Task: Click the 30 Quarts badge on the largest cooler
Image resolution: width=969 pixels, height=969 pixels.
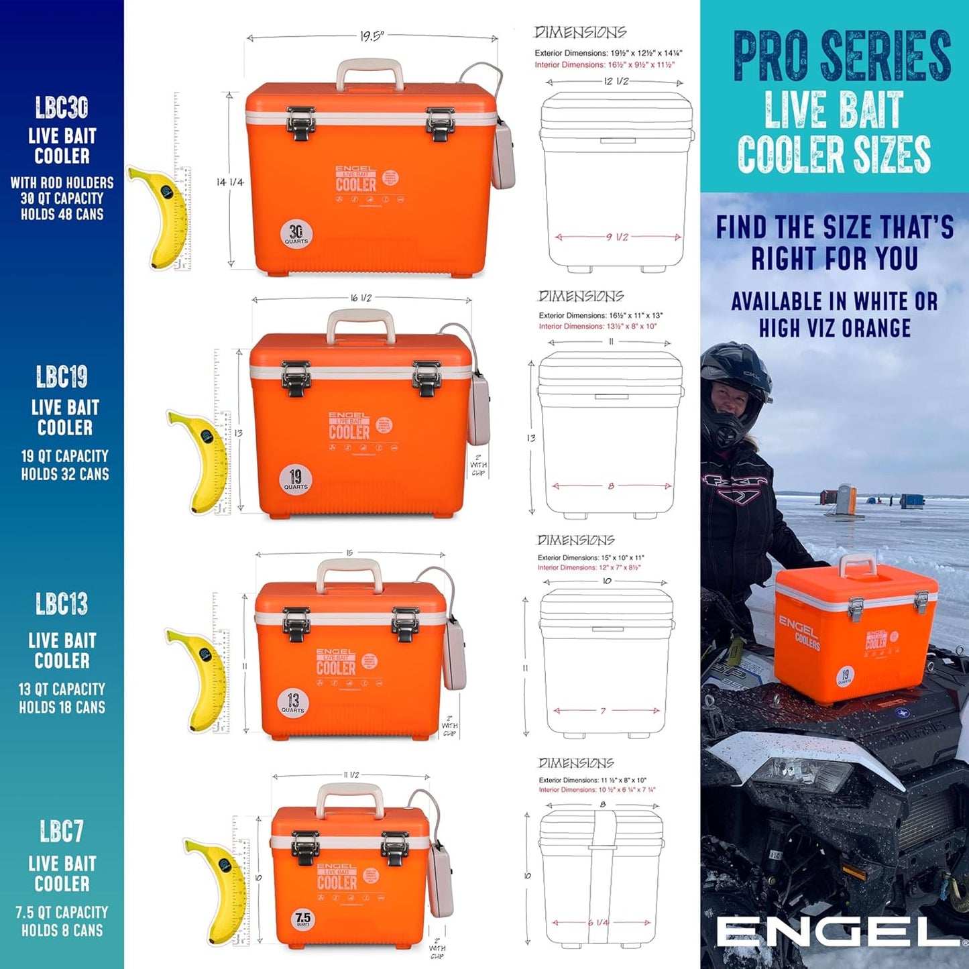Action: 296,234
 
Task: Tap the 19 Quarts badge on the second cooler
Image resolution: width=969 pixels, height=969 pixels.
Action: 295,479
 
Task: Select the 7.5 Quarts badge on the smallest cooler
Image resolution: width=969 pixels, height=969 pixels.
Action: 303,919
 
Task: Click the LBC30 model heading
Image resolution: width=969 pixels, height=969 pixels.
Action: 62,108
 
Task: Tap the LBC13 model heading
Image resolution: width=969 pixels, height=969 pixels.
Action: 62,604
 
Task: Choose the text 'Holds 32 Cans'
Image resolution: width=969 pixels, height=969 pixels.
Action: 64,474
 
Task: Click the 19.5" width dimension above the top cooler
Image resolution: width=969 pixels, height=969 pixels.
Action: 372,36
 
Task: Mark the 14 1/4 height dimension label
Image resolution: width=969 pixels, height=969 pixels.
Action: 230,182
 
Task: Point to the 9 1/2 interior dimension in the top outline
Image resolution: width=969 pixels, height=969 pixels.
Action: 617,237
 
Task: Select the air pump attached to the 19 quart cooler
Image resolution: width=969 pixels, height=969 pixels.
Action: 479,409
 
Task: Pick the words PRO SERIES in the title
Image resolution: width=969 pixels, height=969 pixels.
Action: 842,56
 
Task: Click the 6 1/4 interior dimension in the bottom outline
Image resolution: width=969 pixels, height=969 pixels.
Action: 598,923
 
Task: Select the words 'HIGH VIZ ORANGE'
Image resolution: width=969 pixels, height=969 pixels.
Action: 835,329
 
